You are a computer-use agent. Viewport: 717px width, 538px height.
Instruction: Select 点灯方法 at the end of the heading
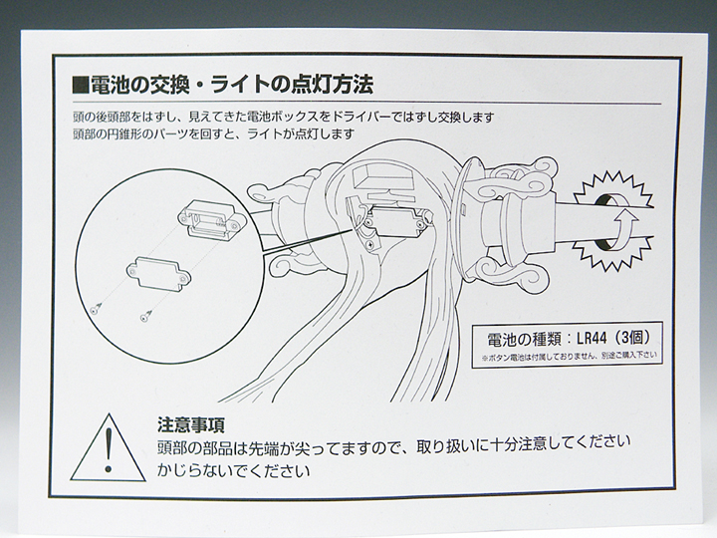tap(331, 80)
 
